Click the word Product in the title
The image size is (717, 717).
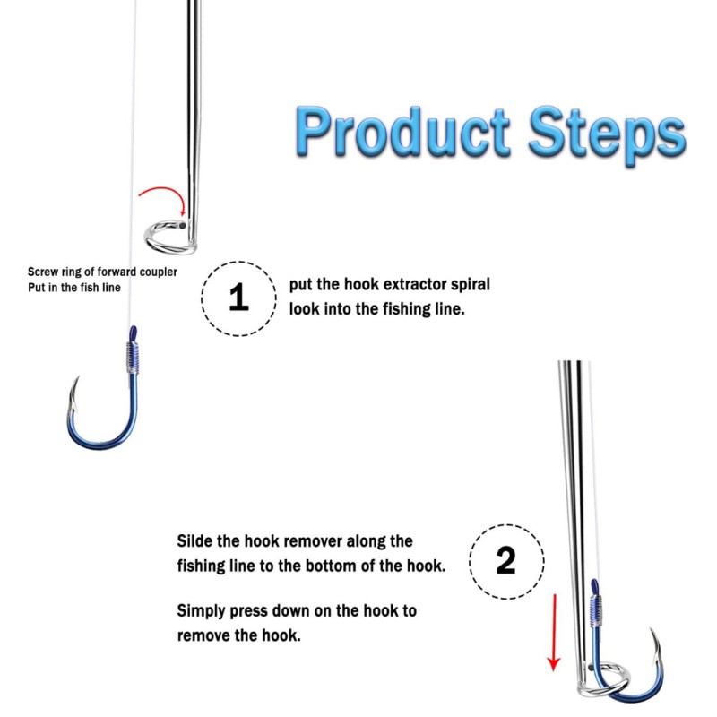pyautogui.click(x=402, y=132)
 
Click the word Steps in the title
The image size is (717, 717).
pyautogui.click(x=608, y=133)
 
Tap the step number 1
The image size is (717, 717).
pyautogui.click(x=238, y=298)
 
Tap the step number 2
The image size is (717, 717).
pyautogui.click(x=505, y=560)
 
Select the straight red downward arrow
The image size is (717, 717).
pyautogui.click(x=554, y=633)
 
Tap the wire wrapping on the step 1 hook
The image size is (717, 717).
pyautogui.click(x=132, y=357)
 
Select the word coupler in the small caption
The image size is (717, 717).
pyautogui.click(x=159, y=272)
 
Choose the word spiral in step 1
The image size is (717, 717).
pyautogui.click(x=471, y=285)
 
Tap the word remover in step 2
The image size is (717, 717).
pyautogui.click(x=311, y=542)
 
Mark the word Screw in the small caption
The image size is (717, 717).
pyautogui.click(x=43, y=272)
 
